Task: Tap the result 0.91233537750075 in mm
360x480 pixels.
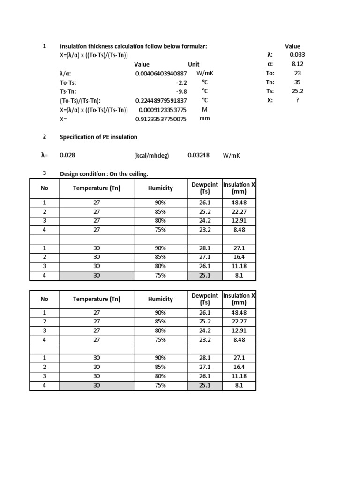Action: [161, 119]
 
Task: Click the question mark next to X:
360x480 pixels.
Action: [297, 100]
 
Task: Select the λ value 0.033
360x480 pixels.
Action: [297, 55]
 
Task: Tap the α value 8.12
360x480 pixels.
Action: [297, 64]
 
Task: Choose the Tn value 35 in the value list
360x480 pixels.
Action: [297, 82]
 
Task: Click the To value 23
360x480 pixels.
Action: [297, 73]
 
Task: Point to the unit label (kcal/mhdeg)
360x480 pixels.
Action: [151, 156]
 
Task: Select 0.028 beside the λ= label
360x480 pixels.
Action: [67, 155]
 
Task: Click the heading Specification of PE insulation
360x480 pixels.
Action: [98, 137]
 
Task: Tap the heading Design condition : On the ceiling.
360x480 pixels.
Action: [104, 174]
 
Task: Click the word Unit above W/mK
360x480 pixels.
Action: [194, 64]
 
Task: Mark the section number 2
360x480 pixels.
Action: [45, 137]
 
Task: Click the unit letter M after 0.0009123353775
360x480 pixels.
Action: [204, 110]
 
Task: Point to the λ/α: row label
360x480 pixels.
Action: [66, 74]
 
